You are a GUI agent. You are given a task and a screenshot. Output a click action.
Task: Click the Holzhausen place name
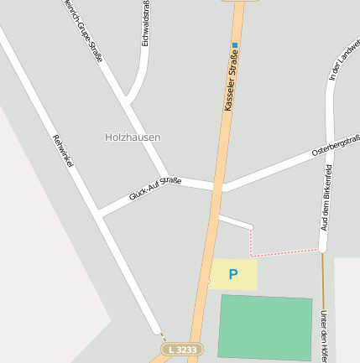133,137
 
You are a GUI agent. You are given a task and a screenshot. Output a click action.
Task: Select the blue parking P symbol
233,274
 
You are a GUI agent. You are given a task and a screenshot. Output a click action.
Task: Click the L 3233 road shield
182,349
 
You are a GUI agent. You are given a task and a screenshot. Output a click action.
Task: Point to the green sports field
265,327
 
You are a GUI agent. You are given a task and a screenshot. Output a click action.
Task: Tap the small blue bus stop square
236,45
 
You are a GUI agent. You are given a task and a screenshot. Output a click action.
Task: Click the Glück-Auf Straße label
154,189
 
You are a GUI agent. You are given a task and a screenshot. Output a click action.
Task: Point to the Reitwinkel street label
63,151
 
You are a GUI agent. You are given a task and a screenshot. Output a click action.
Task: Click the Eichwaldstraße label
146,23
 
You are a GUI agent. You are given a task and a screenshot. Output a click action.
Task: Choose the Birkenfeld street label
326,198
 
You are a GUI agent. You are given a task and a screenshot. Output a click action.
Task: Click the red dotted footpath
285,252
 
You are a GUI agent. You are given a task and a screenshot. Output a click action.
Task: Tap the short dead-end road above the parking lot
235,221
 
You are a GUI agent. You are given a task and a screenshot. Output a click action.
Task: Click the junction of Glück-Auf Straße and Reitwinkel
101,215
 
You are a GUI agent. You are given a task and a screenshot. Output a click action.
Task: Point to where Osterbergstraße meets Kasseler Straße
221,187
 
